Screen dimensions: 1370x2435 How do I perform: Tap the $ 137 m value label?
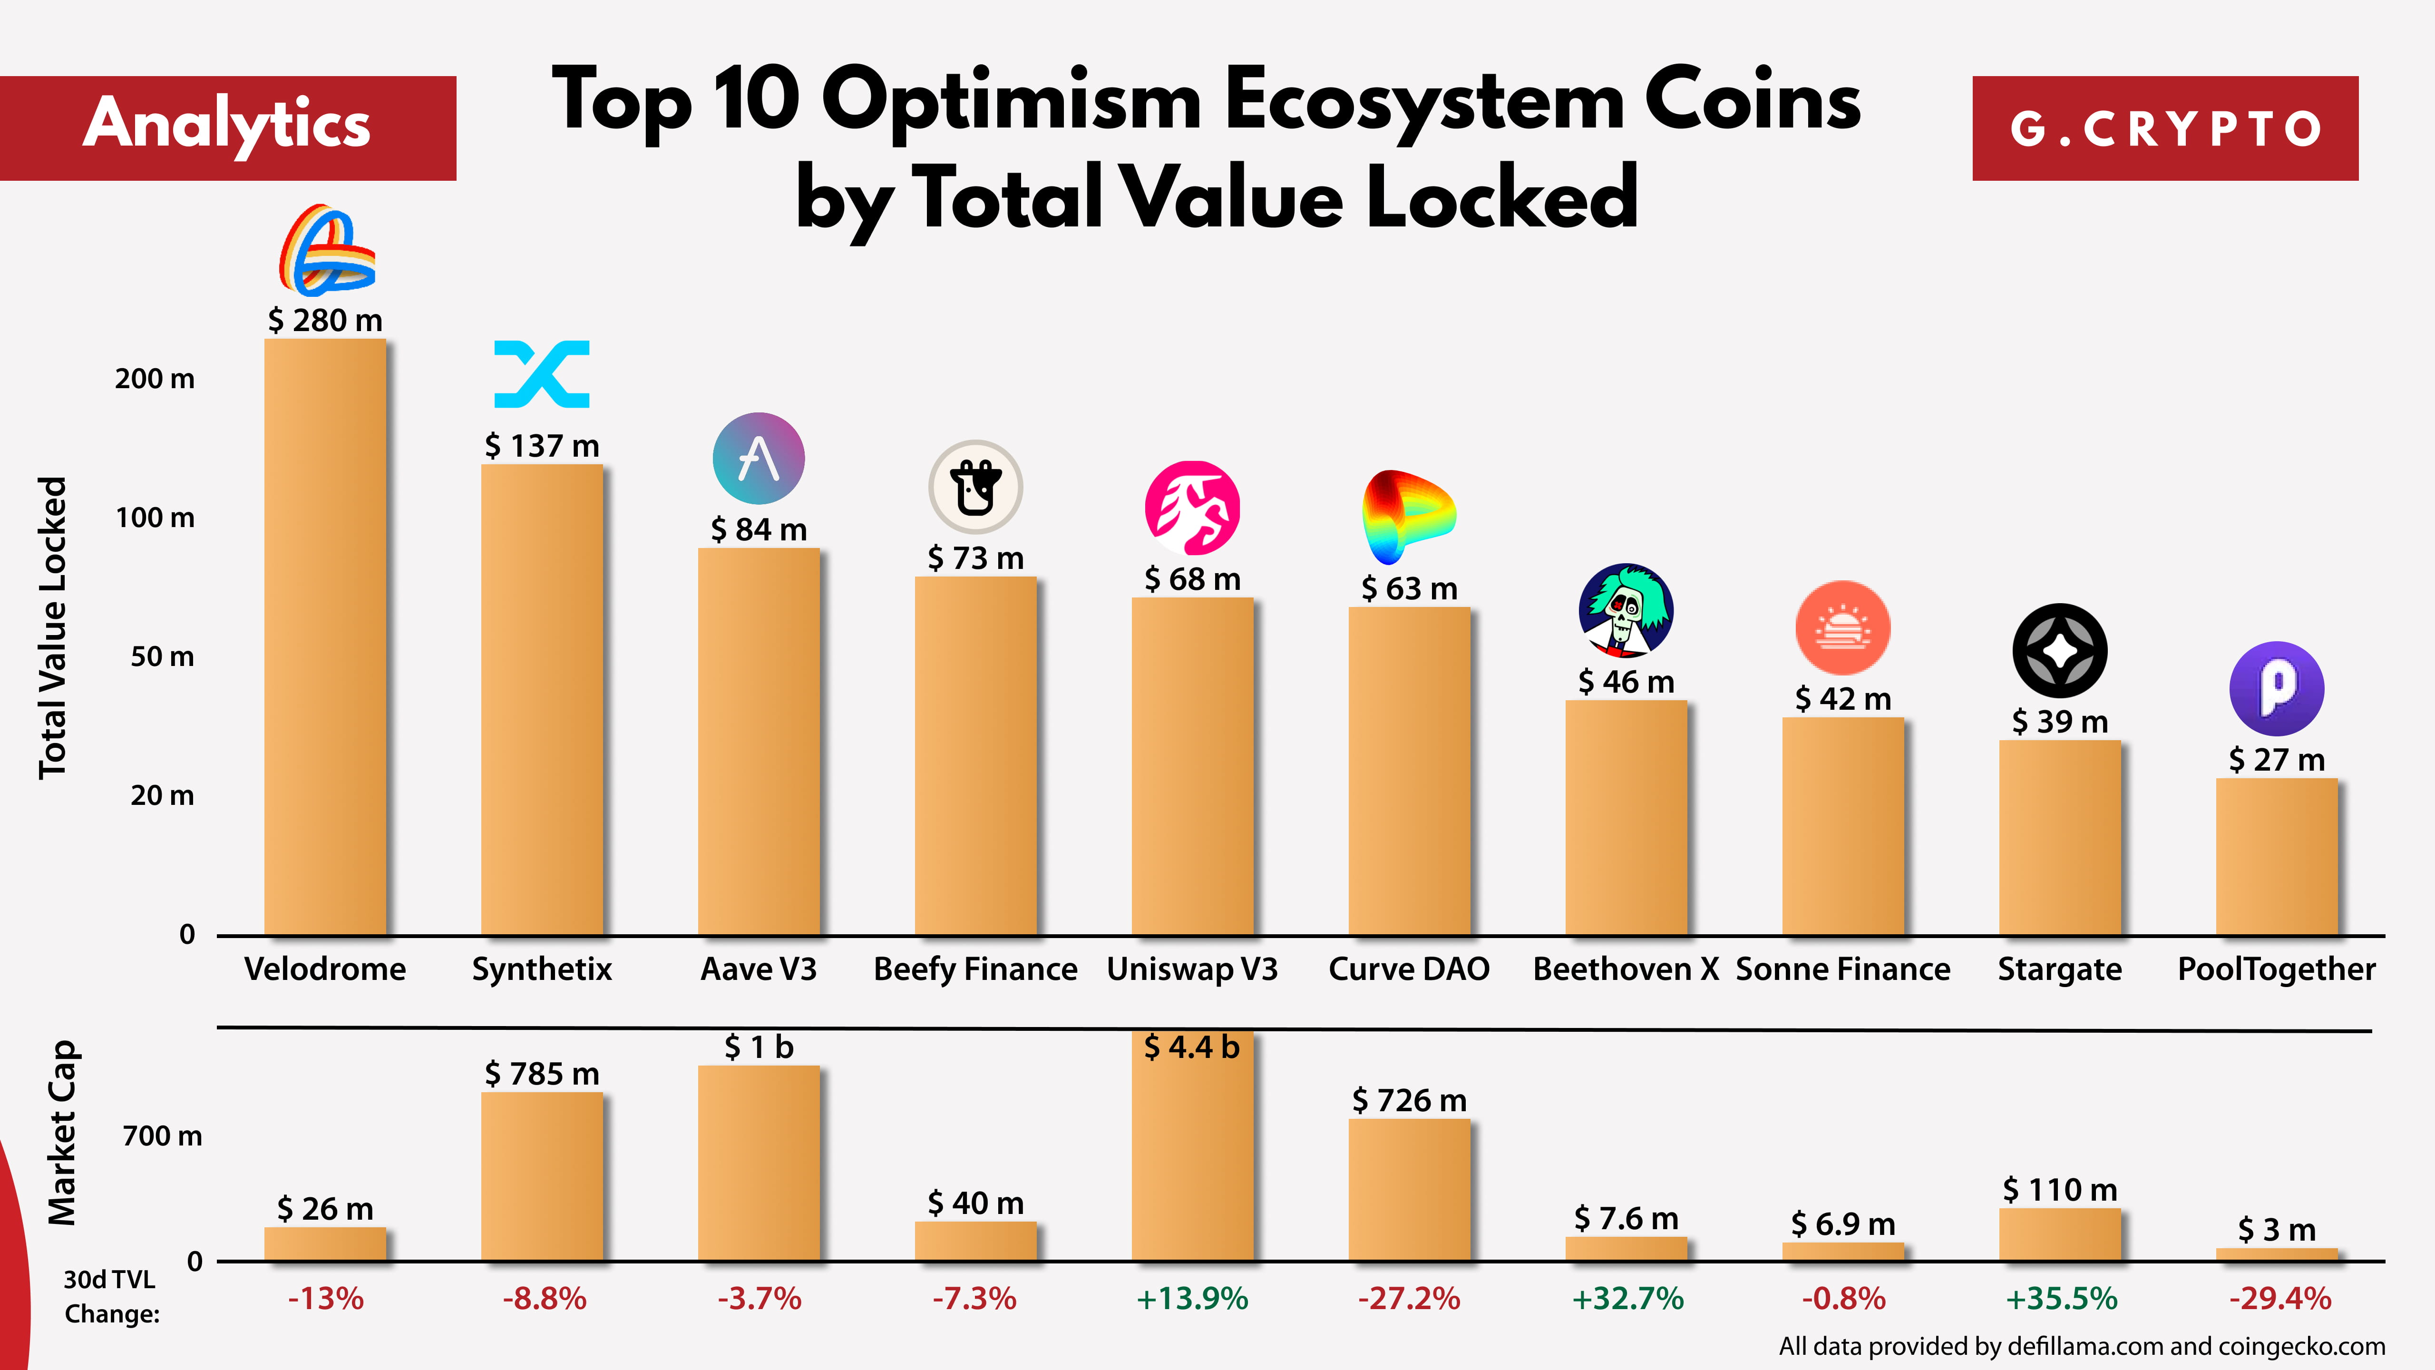(542, 445)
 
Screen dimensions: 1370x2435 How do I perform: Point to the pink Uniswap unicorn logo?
(1192, 508)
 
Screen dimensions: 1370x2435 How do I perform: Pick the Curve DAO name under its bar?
(1408, 969)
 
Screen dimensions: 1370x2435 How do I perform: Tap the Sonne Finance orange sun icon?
(1842, 628)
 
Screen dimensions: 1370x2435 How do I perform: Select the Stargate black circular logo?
(2060, 650)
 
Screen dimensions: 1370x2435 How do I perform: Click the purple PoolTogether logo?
(2276, 688)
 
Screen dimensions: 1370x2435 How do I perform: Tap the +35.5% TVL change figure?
(2061, 1298)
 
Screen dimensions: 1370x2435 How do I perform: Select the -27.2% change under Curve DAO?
(1408, 1298)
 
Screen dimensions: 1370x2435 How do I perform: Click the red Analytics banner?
(228, 127)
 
